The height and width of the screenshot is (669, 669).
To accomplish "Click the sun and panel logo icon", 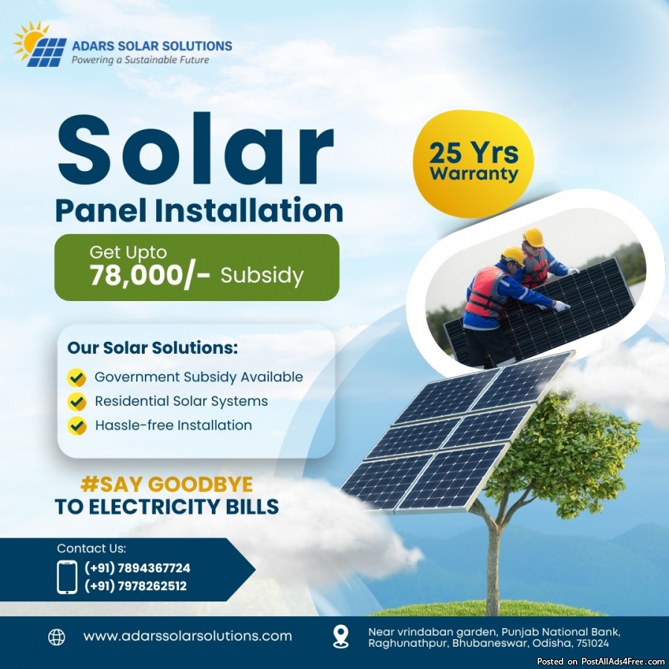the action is tap(39, 44).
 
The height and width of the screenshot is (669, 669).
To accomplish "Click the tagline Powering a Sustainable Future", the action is tap(140, 59).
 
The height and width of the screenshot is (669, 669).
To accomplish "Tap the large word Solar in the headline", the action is tap(195, 149).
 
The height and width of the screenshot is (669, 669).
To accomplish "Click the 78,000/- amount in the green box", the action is tap(149, 275).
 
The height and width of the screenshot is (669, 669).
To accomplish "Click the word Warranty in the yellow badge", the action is tap(474, 174).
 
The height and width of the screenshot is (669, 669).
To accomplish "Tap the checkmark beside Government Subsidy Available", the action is tap(77, 378).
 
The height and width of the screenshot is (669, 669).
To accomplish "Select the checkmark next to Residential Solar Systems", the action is tap(77, 401).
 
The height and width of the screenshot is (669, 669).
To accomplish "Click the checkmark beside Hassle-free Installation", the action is tap(77, 426).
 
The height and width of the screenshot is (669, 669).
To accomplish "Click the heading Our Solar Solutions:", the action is tap(152, 348).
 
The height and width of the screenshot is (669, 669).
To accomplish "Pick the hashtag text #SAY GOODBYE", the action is tap(167, 484).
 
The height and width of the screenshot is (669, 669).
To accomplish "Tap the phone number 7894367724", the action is tap(154, 569).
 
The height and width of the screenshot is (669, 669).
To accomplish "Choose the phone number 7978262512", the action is tap(152, 586).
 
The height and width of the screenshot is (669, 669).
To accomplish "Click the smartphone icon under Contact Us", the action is tap(67, 578).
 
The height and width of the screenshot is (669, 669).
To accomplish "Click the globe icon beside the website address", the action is tap(56, 637).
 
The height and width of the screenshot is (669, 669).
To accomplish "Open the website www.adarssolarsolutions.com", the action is tap(188, 636).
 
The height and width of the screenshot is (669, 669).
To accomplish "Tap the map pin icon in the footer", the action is tap(340, 636).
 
